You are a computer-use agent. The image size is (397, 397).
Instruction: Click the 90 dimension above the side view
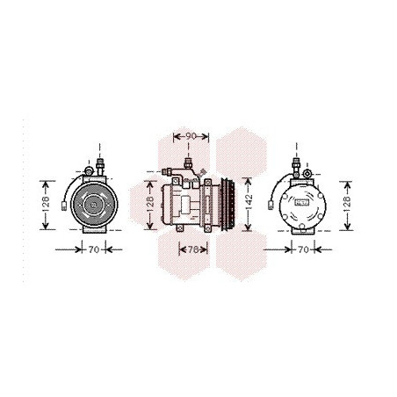(x=191, y=136)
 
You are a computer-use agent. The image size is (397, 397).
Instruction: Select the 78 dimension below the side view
(x=193, y=249)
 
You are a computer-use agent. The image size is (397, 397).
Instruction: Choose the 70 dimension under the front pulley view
(x=94, y=249)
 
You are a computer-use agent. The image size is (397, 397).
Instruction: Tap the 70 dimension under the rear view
(x=303, y=249)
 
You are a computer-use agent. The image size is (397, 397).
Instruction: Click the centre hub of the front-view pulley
(x=93, y=205)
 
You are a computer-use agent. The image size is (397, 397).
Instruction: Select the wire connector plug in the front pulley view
(x=64, y=206)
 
